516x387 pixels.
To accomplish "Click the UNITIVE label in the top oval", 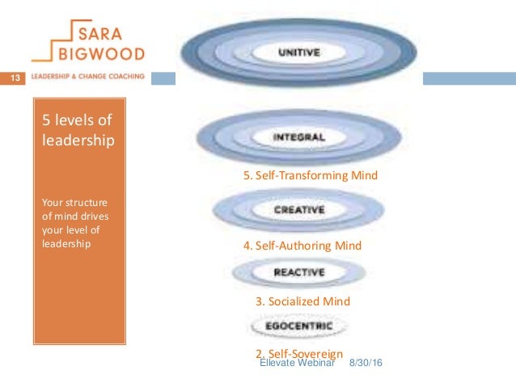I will click(298, 53).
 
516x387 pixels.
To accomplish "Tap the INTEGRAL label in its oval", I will click(299, 137).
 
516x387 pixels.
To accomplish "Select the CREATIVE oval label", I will click(298, 209).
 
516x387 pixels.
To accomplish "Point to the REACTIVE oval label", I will click(299, 273).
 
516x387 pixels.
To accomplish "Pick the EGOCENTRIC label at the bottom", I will click(299, 327).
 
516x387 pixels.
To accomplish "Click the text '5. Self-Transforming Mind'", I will click(311, 175).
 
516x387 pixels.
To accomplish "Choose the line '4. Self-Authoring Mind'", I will click(302, 245).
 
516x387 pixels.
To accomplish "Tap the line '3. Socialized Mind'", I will click(302, 301).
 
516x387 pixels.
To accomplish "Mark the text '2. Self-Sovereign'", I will click(300, 353).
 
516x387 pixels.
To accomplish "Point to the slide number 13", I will click(14, 78).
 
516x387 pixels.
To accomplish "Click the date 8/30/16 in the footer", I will click(365, 365).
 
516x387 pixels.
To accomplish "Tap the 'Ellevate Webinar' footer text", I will click(298, 365).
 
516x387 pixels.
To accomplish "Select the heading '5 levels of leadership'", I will click(78, 130).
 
